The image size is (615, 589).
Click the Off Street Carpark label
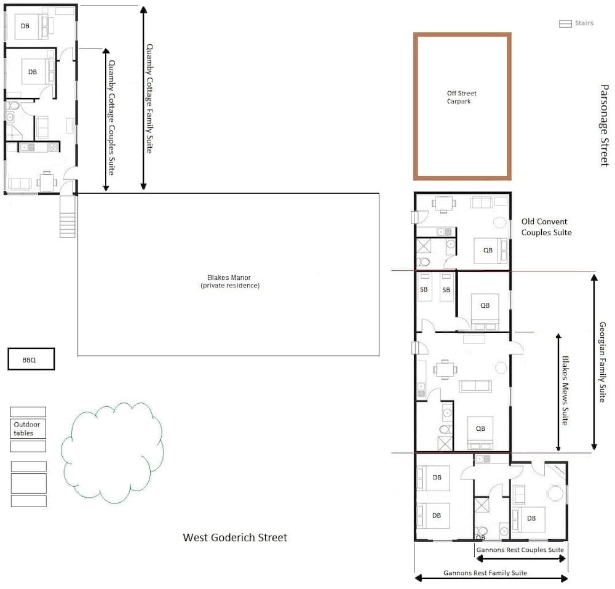(462, 97)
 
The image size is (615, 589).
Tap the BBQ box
(31, 359)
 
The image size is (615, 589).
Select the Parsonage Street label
(605, 125)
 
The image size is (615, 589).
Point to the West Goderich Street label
(235, 537)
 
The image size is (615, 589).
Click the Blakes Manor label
(230, 281)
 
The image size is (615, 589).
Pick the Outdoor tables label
(26, 428)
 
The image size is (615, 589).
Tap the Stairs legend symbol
(565, 24)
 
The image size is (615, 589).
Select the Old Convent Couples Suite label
(546, 227)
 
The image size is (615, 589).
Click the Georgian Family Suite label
(603, 362)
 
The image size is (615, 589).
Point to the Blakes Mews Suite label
(565, 390)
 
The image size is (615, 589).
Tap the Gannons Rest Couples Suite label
(520, 550)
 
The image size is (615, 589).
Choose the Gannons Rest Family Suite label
(485, 573)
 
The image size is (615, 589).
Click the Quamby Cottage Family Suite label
(149, 98)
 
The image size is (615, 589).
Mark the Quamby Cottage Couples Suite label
(111, 118)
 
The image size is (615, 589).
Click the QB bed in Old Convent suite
(490, 250)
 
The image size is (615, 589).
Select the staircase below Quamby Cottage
(68, 216)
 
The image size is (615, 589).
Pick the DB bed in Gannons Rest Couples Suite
(528, 519)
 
